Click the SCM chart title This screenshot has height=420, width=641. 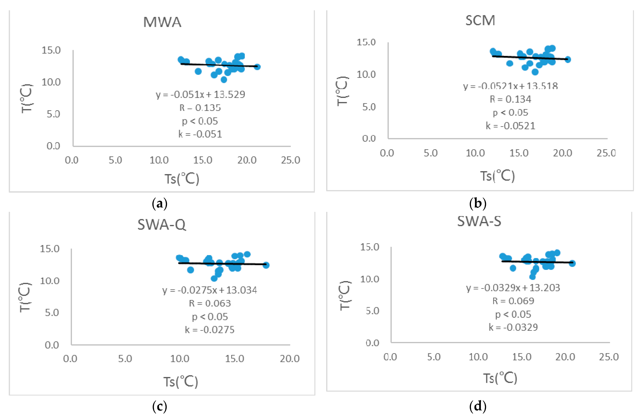click(480, 20)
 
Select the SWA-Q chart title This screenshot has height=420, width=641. click(162, 224)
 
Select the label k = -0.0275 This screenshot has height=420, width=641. click(210, 330)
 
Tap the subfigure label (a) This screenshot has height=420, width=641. click(160, 204)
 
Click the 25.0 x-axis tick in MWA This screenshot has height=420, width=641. click(290, 160)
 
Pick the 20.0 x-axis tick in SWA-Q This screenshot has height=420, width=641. click(290, 359)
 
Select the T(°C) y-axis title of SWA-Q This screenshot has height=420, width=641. click(25, 297)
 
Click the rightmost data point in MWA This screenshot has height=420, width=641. click(257, 67)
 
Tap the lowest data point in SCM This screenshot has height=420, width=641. click(535, 72)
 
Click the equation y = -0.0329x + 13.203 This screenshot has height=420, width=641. click(513, 288)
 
